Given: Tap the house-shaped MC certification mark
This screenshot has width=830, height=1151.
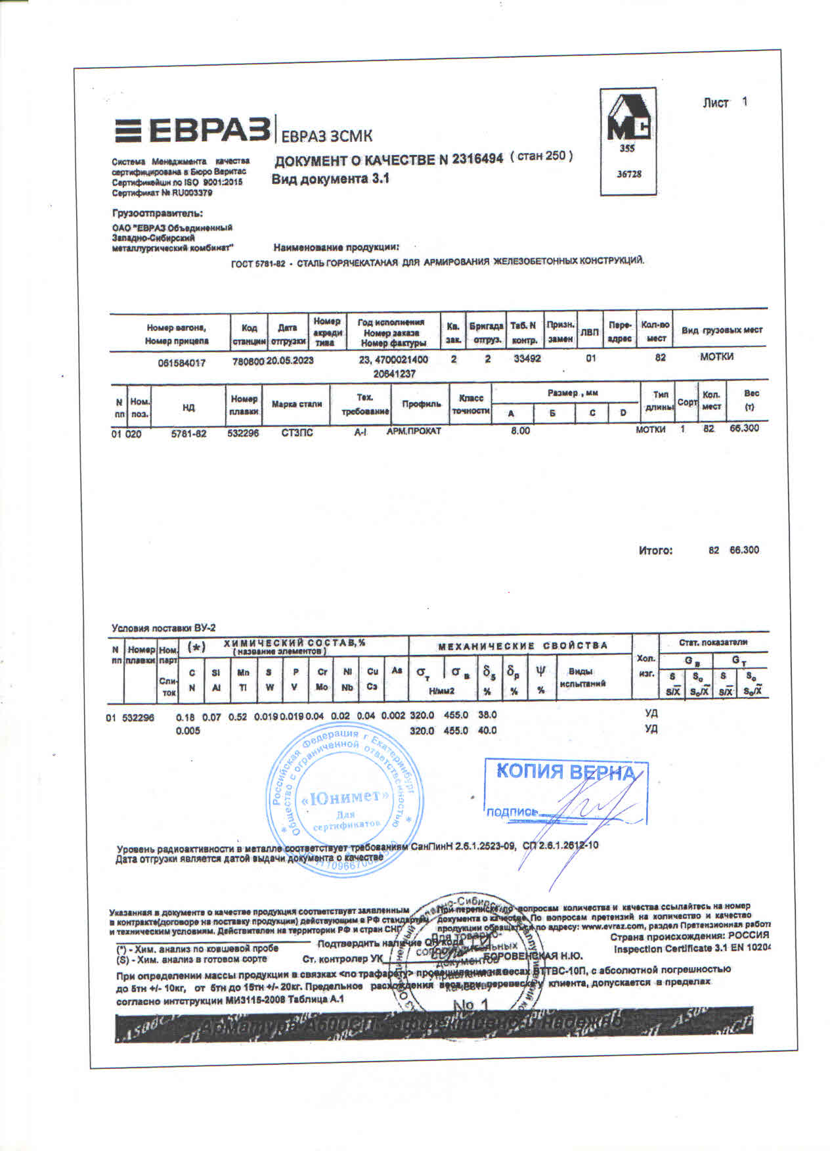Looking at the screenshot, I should (628, 119).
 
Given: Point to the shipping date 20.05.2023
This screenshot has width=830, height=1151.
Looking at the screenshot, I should (290, 360).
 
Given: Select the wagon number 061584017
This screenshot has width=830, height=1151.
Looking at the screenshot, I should (181, 362).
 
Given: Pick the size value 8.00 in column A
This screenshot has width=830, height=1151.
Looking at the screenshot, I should (520, 431).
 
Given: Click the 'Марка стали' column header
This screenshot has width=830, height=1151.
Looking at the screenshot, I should (296, 403).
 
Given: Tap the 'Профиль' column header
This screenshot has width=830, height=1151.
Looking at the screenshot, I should (421, 403).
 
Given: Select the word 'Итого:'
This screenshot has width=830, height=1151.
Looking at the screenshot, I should (655, 551).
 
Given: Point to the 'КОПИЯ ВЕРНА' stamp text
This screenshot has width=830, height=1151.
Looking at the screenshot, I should (565, 771).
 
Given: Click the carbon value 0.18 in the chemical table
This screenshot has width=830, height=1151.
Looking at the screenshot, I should (185, 717).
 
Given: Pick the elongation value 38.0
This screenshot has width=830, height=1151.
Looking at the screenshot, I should (487, 715).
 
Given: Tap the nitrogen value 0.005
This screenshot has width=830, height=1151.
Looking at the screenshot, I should (188, 731).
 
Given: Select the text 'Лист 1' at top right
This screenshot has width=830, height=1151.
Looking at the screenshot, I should (724, 102).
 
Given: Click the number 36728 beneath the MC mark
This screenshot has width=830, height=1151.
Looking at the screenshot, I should (628, 174).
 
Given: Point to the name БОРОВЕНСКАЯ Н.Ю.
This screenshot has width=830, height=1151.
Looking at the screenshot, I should (533, 956).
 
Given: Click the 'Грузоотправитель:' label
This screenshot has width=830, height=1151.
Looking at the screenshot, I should (158, 214).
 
